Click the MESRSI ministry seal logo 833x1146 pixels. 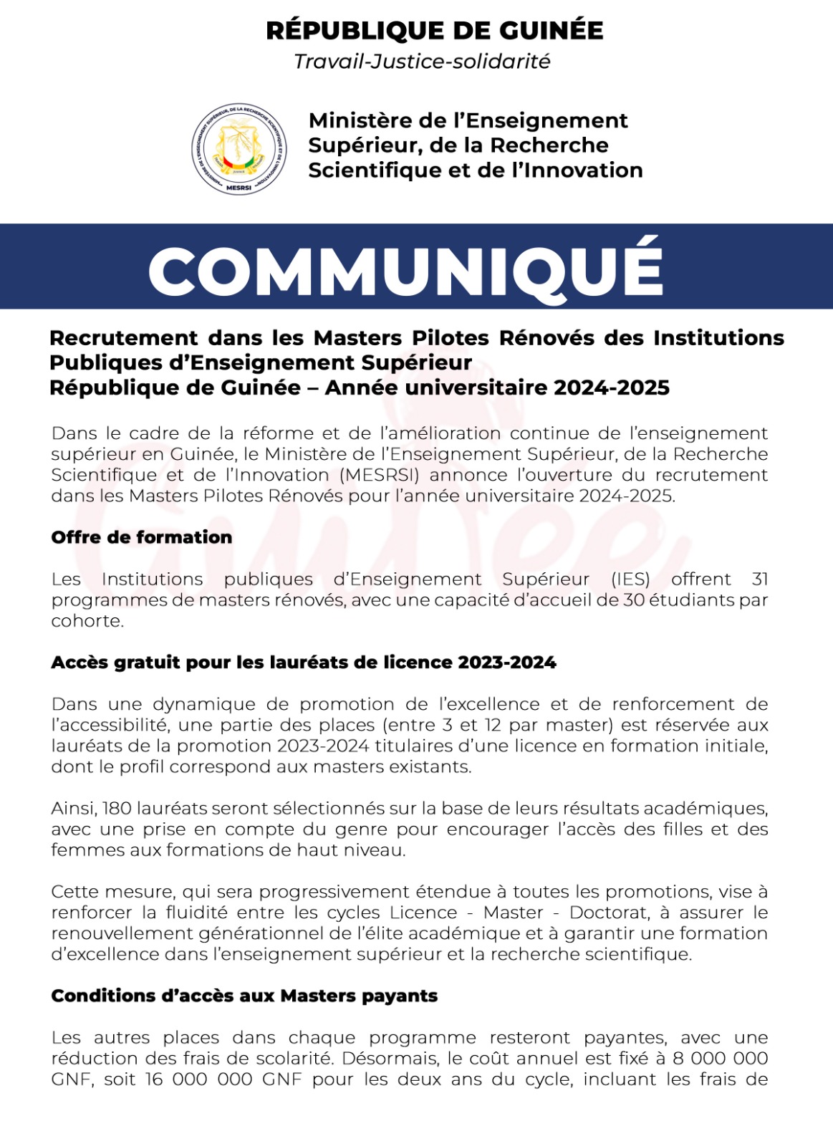tap(239, 149)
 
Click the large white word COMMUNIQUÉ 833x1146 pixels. tap(405, 268)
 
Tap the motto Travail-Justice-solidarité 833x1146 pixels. tap(422, 62)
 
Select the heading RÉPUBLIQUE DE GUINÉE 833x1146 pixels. tap(434, 31)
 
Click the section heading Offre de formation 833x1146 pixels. tap(141, 537)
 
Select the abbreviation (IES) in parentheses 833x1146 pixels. tap(630, 579)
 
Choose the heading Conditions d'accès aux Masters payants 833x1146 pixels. tap(244, 996)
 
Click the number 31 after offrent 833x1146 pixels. tap(760, 579)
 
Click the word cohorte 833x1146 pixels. tap(86, 621)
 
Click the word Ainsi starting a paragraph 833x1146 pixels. tap(73, 809)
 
